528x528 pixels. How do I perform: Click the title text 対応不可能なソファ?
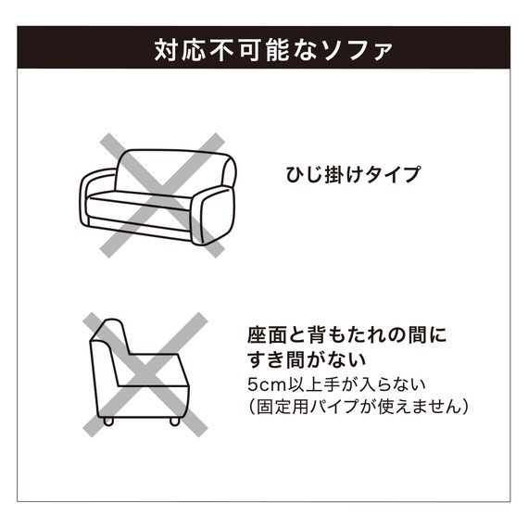click(x=263, y=49)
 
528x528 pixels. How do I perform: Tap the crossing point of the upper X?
click(x=158, y=194)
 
